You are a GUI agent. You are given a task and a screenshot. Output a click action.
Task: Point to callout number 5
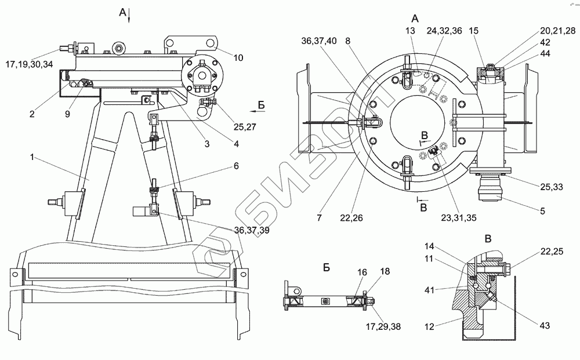coord(542,211)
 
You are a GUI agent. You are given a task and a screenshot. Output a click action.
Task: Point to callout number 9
coord(67,114)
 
